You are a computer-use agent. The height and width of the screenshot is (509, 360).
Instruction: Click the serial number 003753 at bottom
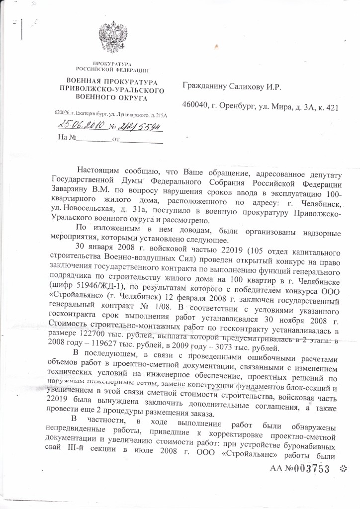pyautogui.click(x=311, y=469)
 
